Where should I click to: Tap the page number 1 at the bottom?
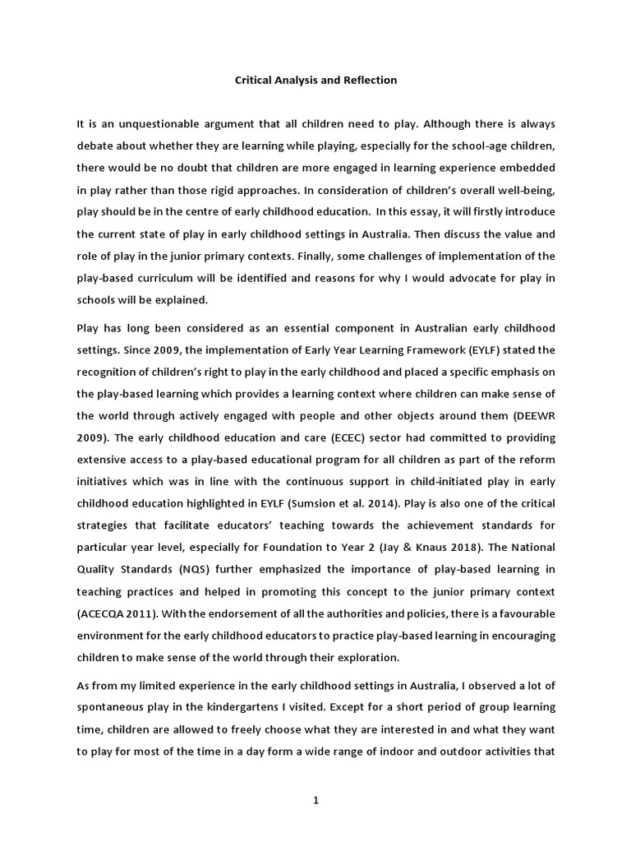pyautogui.click(x=315, y=803)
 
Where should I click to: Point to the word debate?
pyautogui.click(x=94, y=146)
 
